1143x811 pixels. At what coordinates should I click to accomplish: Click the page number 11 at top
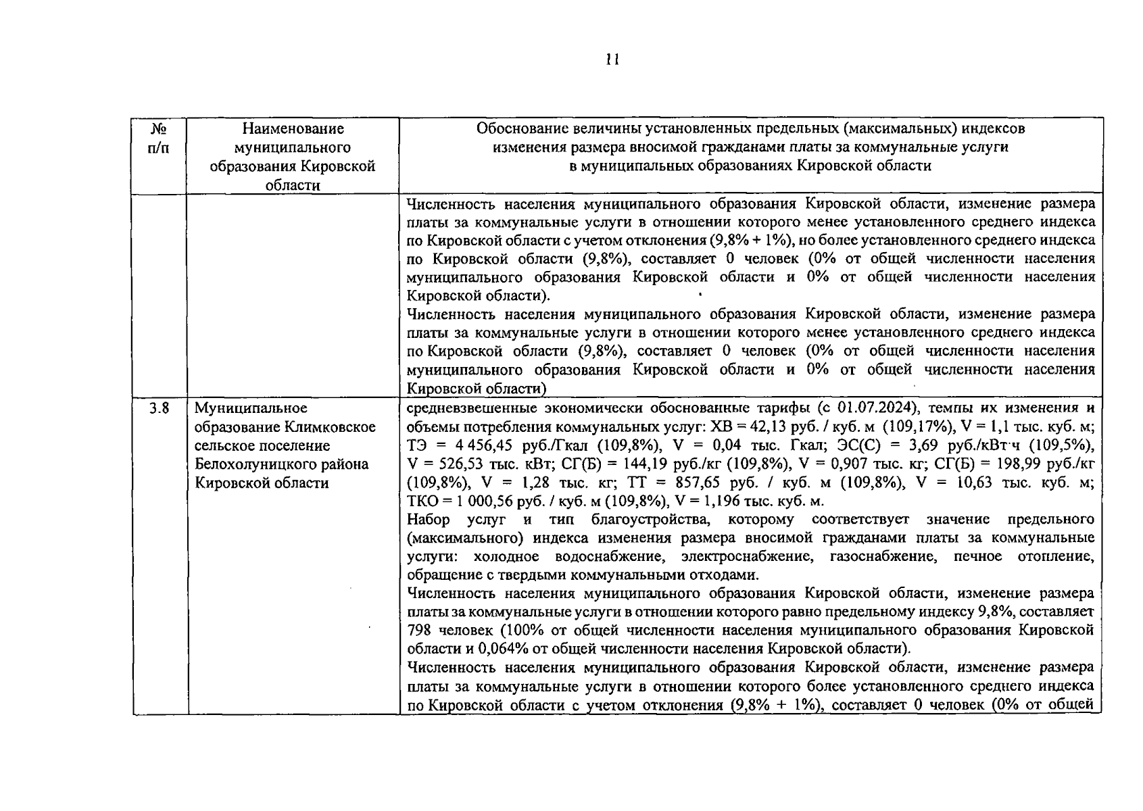[612, 59]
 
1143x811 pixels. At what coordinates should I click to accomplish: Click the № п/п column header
[158, 138]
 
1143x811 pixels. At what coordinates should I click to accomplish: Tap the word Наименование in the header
[293, 128]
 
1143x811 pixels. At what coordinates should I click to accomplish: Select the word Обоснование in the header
[522, 128]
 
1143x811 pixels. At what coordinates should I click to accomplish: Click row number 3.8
[159, 408]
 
